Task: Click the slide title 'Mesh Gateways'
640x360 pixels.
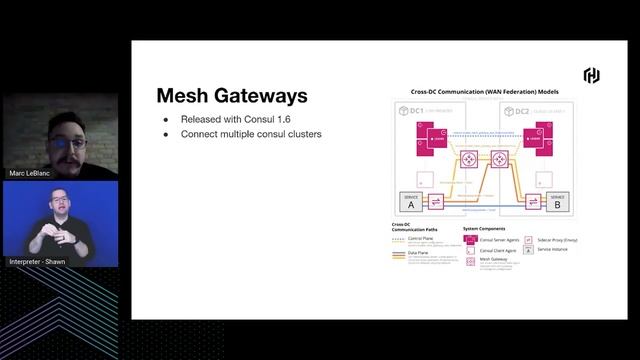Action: (x=231, y=96)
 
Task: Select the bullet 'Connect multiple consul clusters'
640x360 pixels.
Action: (x=251, y=134)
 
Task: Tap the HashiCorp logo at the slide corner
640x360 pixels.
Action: (x=591, y=76)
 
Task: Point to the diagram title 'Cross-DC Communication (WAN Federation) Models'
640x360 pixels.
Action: (x=485, y=92)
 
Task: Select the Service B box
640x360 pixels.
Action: (x=557, y=201)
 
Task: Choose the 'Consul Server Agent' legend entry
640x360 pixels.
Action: (x=498, y=240)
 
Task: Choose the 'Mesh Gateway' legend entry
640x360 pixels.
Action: (x=493, y=259)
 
